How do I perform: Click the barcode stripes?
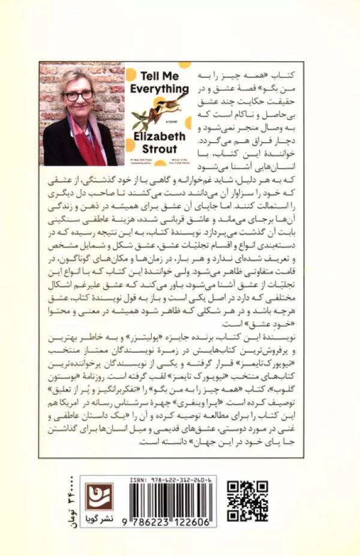(x=170, y=500)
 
